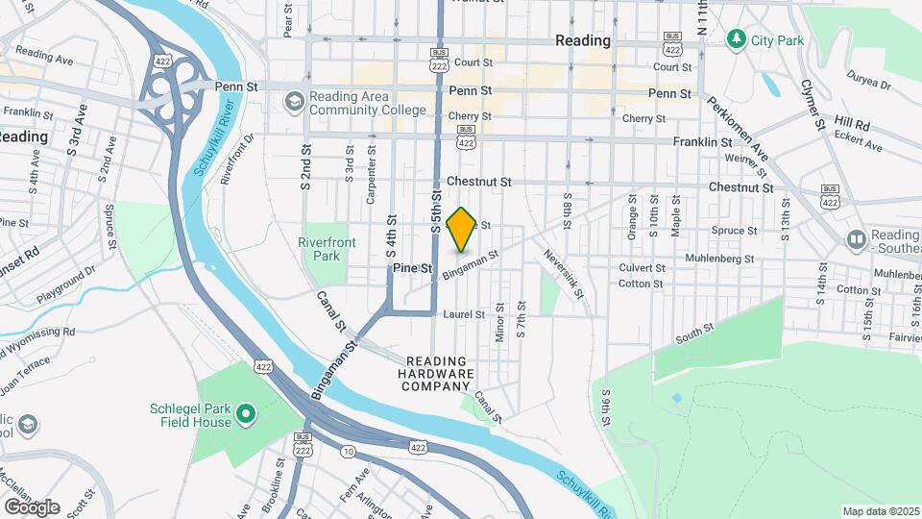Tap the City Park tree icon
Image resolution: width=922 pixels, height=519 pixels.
click(737, 38)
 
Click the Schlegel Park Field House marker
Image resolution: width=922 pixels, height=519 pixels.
click(246, 414)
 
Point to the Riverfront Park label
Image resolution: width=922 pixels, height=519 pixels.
click(320, 249)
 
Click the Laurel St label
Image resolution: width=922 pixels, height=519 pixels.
click(463, 313)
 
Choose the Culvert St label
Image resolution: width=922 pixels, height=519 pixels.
click(643, 268)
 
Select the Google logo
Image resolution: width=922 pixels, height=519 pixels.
click(31, 507)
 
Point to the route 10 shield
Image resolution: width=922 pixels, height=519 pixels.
click(346, 452)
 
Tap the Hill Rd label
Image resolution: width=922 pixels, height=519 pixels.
click(851, 124)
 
